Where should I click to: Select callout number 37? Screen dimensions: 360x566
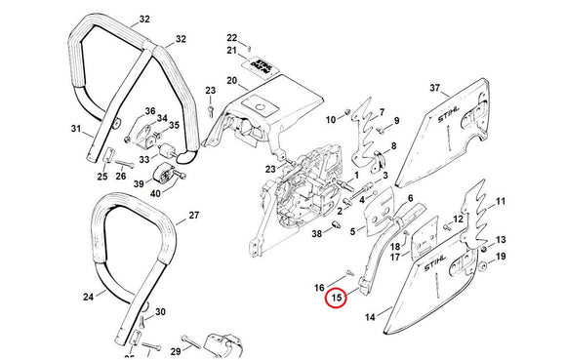point(435,89)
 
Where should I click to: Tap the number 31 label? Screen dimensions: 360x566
point(76,127)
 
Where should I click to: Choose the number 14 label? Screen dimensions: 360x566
point(370,317)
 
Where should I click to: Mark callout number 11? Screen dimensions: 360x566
point(502,202)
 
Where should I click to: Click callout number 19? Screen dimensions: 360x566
point(502,257)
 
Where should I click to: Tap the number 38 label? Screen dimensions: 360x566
point(316,234)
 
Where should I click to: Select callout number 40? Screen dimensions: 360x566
point(155,194)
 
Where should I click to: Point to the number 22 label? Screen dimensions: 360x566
point(231,37)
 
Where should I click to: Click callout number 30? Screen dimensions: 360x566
point(160,311)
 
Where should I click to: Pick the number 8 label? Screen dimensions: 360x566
point(394,146)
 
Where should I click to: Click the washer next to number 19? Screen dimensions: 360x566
point(484,264)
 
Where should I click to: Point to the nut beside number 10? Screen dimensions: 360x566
point(344,118)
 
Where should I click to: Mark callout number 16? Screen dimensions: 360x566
point(318,287)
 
